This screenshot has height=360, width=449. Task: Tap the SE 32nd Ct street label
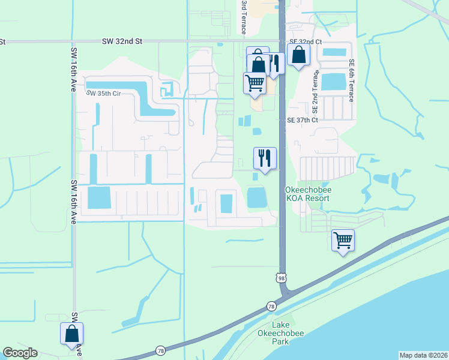305,41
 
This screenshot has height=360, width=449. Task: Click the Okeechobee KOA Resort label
308,194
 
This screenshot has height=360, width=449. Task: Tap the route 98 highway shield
281,278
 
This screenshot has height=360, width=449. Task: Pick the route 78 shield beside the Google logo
160,350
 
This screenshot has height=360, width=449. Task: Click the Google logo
20,353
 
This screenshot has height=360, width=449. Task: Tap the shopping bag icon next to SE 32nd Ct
298,56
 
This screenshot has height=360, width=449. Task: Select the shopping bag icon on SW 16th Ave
71,334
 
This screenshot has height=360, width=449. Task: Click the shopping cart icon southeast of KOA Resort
343,241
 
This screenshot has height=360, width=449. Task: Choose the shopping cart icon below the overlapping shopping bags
255,83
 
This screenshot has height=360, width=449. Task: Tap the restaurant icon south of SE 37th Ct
265,158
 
